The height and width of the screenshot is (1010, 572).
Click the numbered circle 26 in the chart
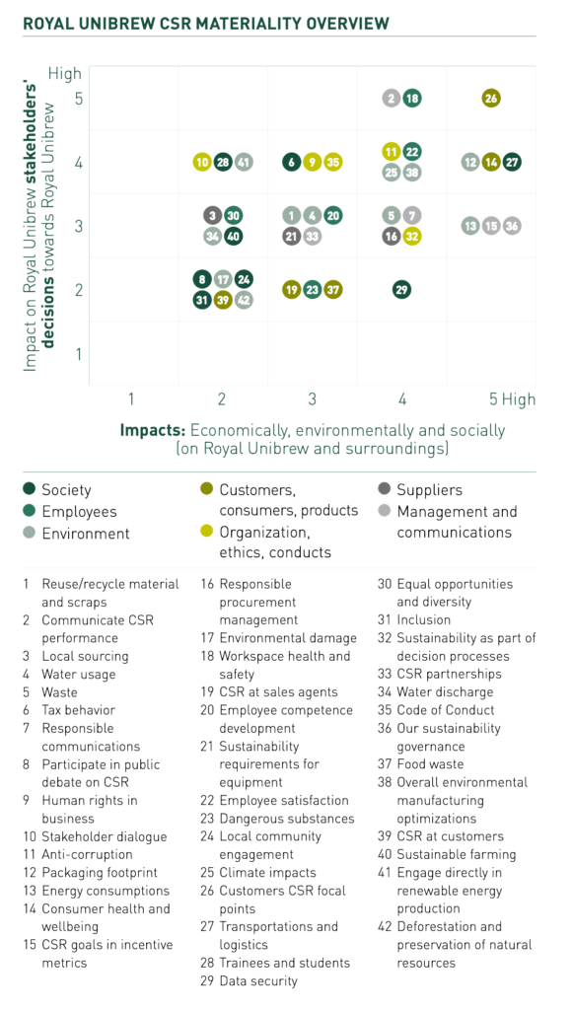[x=491, y=99]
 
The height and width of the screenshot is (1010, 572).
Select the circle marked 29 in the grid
[x=401, y=290]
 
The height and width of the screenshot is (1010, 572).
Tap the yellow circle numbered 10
[x=202, y=163]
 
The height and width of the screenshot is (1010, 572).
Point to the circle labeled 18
[x=412, y=99]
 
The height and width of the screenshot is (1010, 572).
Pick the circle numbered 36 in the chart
[x=512, y=226]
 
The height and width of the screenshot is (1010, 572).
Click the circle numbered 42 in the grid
[x=244, y=300]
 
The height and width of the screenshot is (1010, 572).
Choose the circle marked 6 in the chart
[x=292, y=163]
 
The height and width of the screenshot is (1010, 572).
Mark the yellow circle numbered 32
[x=411, y=237]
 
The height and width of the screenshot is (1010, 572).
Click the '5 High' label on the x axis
[x=512, y=399]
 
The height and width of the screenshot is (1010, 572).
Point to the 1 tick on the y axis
[x=79, y=354]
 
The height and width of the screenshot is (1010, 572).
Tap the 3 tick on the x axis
[x=312, y=399]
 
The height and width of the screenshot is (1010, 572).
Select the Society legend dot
[x=29, y=489]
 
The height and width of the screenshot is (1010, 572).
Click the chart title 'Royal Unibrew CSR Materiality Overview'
[x=206, y=24]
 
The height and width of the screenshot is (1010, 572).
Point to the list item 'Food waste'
[x=430, y=764]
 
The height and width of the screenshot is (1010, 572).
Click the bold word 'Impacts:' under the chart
[x=153, y=430]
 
